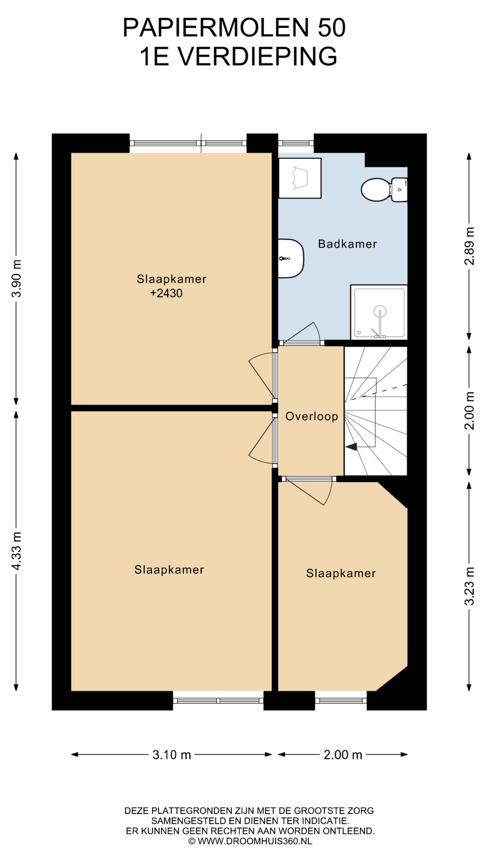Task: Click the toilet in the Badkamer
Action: tap(384, 190)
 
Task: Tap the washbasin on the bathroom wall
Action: tap(291, 258)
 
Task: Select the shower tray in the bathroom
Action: tap(379, 312)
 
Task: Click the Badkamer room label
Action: tap(347, 244)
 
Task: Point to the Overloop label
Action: tap(312, 416)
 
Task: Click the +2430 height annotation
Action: tap(166, 293)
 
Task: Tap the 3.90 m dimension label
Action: tap(17, 278)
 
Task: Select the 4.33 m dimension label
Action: tap(17, 551)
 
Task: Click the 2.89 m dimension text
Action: tap(469, 246)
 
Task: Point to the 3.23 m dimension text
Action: tap(469, 586)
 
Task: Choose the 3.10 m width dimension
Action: tap(172, 755)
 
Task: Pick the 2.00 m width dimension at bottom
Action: tap(343, 755)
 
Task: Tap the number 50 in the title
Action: tap(332, 28)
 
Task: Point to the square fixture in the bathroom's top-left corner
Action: tap(300, 178)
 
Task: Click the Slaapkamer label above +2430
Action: tap(172, 279)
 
